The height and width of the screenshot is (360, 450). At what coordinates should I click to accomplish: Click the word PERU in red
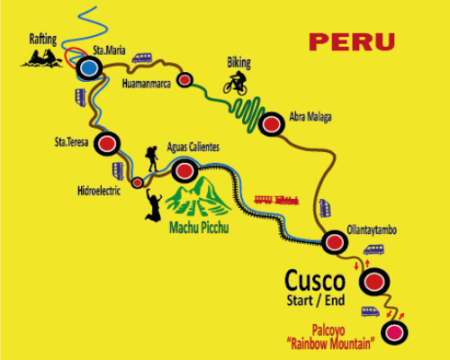(x=352, y=41)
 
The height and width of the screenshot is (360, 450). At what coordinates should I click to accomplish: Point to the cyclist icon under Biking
(x=236, y=83)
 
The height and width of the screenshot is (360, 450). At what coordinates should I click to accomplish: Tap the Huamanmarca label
(x=144, y=83)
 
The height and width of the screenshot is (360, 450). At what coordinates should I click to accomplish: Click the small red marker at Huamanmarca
(x=184, y=80)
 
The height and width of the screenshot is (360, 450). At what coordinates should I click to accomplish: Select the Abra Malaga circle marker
(x=270, y=126)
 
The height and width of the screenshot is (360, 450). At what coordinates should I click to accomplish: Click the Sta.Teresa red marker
(x=108, y=143)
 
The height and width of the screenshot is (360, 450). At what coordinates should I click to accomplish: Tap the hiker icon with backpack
(x=153, y=159)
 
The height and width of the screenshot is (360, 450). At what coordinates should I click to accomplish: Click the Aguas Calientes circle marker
(x=184, y=168)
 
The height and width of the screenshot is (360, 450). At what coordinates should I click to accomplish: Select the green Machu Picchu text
(x=199, y=228)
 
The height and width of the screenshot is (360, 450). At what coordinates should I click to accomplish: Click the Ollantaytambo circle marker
(x=336, y=240)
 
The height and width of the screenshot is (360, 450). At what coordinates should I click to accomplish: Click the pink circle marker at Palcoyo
(x=393, y=335)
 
